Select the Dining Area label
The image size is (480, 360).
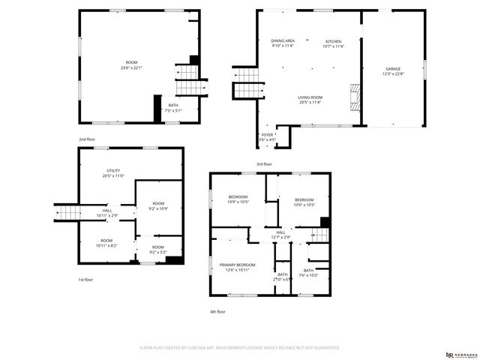283,43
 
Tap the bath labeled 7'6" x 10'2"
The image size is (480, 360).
308,272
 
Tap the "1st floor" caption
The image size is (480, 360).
86,280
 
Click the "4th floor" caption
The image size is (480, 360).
217,310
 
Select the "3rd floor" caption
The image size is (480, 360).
264,163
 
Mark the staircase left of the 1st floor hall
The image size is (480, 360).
67,214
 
